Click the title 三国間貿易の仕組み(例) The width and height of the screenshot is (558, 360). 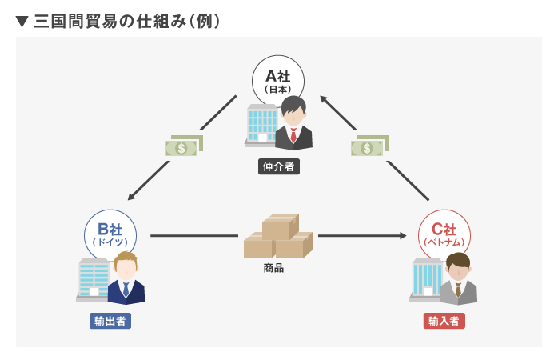click(127, 20)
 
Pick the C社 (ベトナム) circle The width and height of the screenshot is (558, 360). click(443, 233)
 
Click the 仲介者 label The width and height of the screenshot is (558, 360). click(278, 167)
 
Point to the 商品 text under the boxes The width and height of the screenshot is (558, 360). click(273, 268)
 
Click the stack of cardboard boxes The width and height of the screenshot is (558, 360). click(277, 237)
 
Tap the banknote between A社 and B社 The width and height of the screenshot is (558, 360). click(183, 146)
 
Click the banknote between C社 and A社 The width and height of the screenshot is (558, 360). click(369, 146)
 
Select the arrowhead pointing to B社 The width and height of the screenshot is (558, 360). click(132, 194)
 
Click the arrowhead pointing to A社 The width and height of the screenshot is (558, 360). click(325, 99)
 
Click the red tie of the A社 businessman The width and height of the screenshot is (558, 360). click(293, 135)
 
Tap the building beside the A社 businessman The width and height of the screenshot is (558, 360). click(260, 126)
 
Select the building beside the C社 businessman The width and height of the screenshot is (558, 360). click(424, 279)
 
